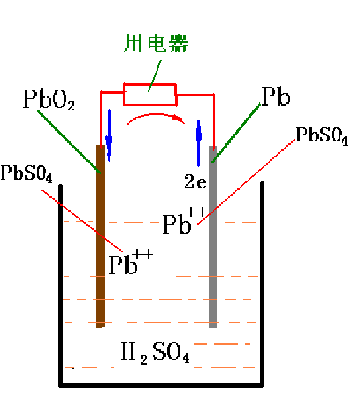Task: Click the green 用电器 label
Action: (x=156, y=43)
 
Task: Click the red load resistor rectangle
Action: (x=150, y=85)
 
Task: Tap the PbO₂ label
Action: (x=49, y=99)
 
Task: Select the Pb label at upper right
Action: (x=276, y=96)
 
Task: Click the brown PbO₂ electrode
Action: (x=101, y=237)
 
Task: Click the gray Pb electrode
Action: (x=213, y=237)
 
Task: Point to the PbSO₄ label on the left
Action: (x=27, y=174)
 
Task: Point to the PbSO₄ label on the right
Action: (x=322, y=136)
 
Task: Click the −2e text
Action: (x=190, y=181)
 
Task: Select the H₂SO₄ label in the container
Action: (x=155, y=352)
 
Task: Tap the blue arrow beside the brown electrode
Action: (x=109, y=135)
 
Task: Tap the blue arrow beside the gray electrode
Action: (x=199, y=143)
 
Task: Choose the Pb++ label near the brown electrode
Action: (x=130, y=262)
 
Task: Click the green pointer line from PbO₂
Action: (x=69, y=142)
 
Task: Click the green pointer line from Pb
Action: (x=236, y=133)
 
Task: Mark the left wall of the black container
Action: (x=60, y=285)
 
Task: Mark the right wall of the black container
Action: (x=263, y=284)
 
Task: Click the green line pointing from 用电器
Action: (x=155, y=76)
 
